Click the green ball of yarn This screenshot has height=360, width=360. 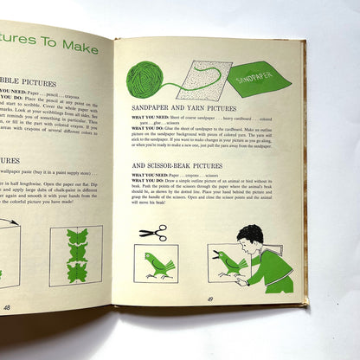coord(145,79)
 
